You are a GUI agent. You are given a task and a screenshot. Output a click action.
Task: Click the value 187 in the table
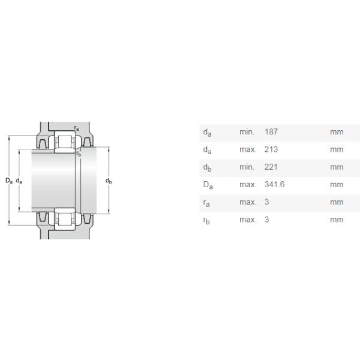point(271,132)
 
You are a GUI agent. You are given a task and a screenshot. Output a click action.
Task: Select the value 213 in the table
point(271,149)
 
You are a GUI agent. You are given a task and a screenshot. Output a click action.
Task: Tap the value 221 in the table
point(271,167)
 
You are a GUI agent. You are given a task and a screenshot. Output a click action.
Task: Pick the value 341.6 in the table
point(274,184)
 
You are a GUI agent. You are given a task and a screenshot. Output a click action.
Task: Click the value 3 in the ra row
point(266,202)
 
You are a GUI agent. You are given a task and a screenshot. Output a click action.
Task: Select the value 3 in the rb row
point(266,220)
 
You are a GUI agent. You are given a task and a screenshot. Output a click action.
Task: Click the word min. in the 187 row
point(247,132)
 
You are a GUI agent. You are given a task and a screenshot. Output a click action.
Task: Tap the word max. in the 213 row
point(248,149)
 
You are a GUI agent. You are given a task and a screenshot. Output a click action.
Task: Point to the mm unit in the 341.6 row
point(336,184)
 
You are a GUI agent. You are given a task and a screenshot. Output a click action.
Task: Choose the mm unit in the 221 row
point(336,167)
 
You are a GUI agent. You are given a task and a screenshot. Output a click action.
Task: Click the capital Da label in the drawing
point(8,181)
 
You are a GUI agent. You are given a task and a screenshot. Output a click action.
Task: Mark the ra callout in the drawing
point(76,127)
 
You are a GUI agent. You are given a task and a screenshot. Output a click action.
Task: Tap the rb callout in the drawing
point(79,154)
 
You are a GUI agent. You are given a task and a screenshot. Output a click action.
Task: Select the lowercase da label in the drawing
point(19,181)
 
